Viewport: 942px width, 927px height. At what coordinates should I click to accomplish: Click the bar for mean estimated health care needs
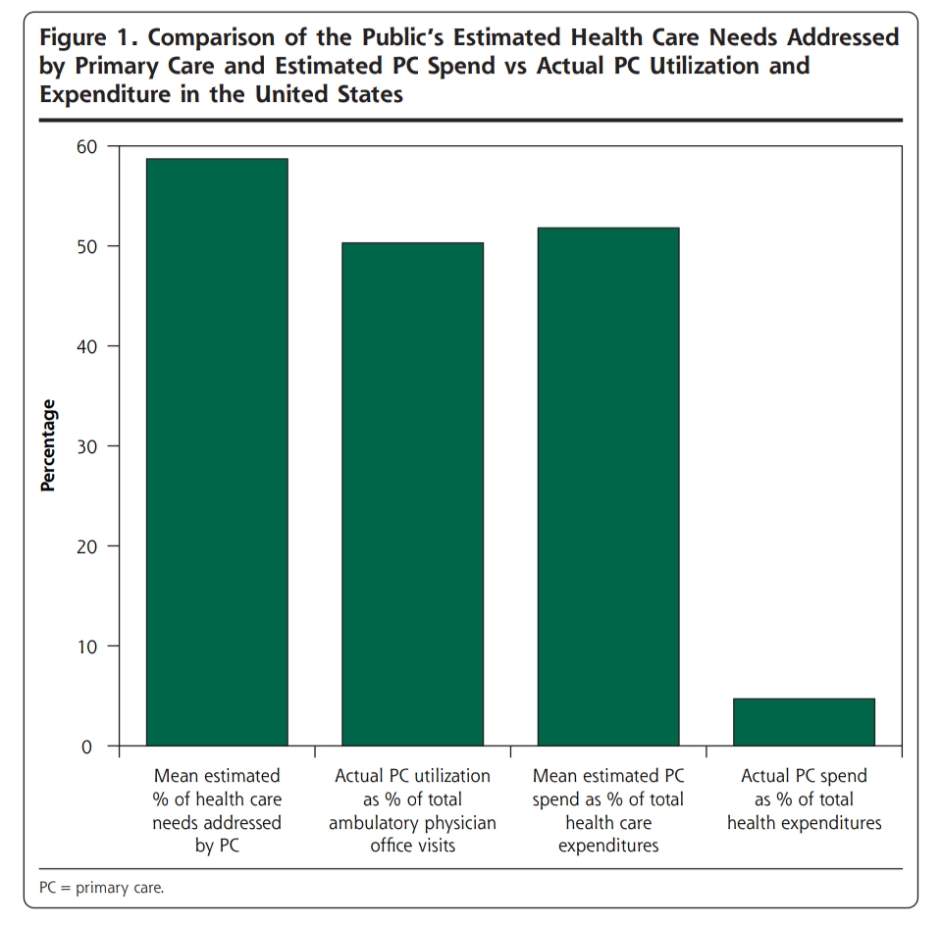217,451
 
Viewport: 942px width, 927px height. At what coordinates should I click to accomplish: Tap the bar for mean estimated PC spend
608,487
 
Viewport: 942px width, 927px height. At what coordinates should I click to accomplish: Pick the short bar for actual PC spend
804,722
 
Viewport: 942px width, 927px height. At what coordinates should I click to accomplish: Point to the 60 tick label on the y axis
89,146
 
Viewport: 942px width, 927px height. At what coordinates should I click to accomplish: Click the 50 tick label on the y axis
89,246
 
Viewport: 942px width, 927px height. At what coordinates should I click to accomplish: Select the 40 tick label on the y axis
89,346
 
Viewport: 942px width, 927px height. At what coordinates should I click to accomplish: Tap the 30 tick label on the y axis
89,446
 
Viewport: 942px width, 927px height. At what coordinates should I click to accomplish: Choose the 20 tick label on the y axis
89,546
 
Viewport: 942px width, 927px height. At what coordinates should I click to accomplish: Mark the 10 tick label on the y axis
89,646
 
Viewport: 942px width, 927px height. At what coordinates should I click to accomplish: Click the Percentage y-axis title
48,446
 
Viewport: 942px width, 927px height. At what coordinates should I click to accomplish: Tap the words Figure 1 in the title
81,39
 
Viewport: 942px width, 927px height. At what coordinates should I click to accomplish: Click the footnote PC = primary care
102,888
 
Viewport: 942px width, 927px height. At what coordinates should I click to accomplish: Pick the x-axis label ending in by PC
217,810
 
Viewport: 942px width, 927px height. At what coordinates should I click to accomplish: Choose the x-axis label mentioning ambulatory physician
412,810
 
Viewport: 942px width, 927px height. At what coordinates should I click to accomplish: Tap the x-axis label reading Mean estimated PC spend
608,810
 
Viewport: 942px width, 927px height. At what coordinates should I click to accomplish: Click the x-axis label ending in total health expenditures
804,799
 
